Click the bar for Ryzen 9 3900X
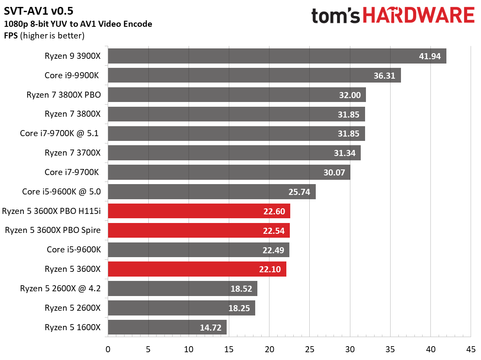[277, 56]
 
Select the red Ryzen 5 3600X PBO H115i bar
[199, 211]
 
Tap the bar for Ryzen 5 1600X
[167, 328]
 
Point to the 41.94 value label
[430, 56]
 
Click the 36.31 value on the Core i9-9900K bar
[384, 76]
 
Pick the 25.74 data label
[299, 192]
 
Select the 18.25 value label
[239, 308]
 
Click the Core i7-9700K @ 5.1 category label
[60, 134]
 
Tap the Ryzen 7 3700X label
[73, 153]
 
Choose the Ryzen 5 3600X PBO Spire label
[53, 230]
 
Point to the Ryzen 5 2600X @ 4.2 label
[60, 289]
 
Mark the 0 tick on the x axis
[108, 349]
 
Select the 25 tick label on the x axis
[310, 349]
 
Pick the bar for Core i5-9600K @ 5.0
[212, 192]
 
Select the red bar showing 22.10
[197, 269]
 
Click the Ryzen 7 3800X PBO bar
[237, 95]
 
